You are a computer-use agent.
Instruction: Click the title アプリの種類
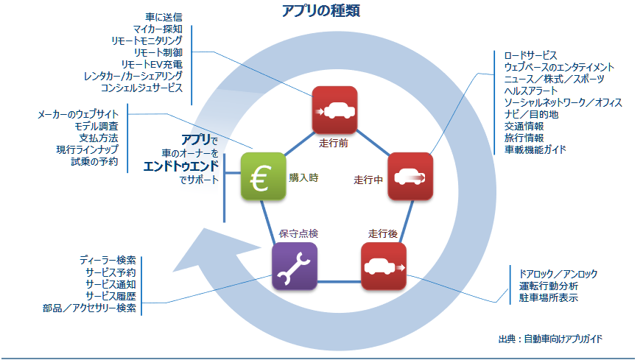pos(320,11)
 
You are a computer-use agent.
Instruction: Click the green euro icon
pos(263,176)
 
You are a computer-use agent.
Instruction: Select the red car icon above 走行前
pos(334,110)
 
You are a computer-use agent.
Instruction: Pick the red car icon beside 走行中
pos(410,176)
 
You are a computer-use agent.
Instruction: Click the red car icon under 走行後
pos(383,266)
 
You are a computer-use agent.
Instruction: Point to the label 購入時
pos(303,177)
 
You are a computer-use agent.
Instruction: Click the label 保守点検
pos(298,233)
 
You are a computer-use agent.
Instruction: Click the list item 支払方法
pos(99,138)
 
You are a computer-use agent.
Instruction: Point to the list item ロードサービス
pos(530,55)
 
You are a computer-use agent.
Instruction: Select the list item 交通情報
pos(524,126)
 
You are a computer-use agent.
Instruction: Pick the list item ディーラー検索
pos(108,261)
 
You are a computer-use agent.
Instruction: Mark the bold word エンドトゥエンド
pos(182,166)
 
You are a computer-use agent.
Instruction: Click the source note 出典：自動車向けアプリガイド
pos(550,339)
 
